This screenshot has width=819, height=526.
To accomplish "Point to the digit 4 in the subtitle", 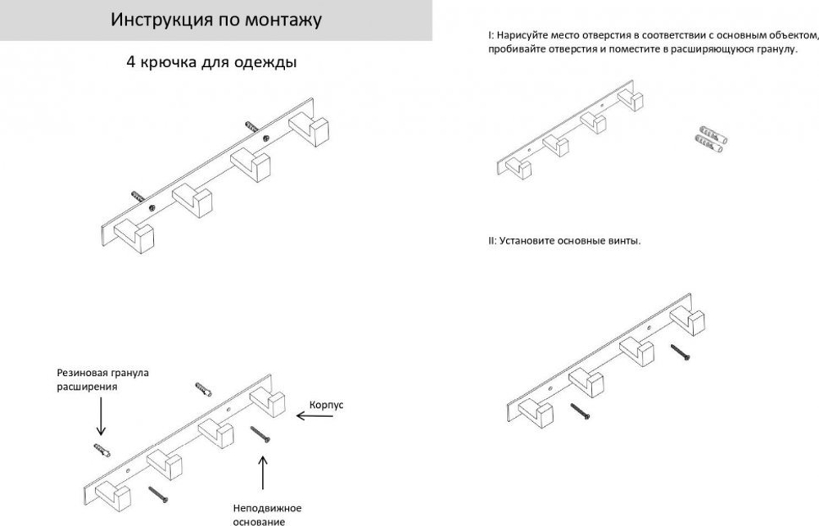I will point(130,62).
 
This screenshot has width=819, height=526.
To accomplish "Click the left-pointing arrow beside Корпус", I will point(311,416).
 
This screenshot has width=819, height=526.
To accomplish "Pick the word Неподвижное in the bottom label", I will point(260,508).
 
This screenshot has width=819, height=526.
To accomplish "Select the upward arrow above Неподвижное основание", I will point(263,474).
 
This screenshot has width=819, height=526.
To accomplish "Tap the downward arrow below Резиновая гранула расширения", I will point(101,415).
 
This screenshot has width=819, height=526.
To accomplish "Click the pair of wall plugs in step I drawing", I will point(711,140).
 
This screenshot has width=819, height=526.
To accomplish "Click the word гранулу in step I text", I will point(777,49).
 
